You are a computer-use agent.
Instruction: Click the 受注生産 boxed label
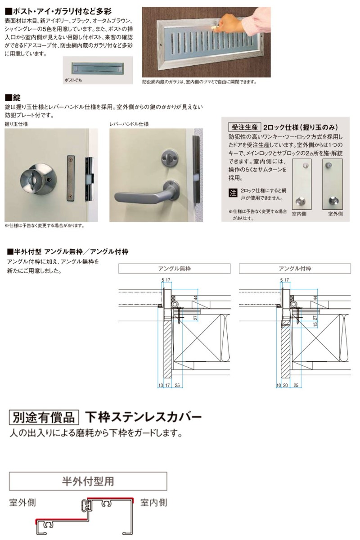243,127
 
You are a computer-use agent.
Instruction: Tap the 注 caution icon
233,193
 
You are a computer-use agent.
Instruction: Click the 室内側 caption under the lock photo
299,214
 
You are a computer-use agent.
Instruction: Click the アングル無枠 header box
174,269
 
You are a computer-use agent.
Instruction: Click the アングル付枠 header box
295,269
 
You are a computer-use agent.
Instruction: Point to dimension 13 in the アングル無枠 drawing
161,385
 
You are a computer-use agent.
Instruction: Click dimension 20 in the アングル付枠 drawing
286,385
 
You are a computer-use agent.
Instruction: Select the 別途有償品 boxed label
44,417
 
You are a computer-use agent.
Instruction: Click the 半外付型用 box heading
88,481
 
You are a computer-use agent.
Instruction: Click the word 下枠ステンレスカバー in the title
143,417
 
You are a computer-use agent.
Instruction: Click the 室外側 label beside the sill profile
22,502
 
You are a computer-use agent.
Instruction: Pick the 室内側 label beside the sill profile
153,502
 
